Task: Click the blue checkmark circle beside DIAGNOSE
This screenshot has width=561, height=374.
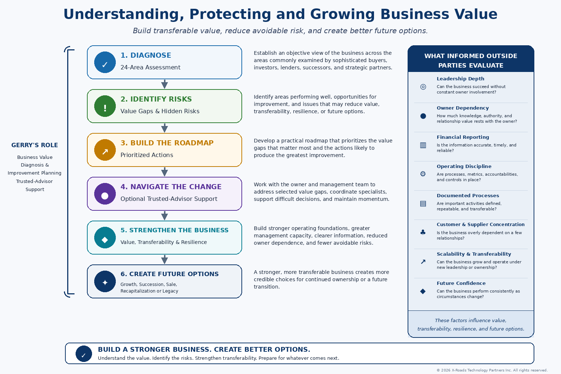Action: [105, 62]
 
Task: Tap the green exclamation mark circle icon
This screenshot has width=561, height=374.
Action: [105, 106]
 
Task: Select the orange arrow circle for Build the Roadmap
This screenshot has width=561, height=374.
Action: [105, 150]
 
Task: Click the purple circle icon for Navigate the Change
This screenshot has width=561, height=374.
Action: [105, 194]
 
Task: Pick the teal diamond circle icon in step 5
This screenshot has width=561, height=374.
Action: [105, 238]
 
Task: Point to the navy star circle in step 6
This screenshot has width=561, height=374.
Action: [105, 282]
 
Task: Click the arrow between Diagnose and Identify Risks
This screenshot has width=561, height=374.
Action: [165, 84]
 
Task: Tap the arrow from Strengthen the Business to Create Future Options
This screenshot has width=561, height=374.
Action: [165, 260]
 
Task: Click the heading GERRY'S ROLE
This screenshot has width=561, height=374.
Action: [35, 145]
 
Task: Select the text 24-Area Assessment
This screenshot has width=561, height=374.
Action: [150, 67]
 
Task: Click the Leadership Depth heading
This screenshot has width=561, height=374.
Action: [460, 79]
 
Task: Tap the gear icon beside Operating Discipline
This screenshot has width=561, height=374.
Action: [423, 174]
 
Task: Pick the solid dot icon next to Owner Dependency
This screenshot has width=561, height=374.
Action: [423, 116]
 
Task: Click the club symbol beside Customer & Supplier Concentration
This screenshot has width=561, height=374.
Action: [423, 232]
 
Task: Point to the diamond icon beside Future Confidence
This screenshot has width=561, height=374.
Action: [423, 291]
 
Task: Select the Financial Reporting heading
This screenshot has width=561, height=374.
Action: [463, 137]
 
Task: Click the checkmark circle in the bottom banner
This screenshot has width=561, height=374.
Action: [84, 354]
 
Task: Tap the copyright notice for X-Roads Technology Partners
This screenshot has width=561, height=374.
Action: [492, 370]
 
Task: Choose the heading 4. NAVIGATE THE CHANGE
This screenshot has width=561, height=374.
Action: [171, 187]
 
